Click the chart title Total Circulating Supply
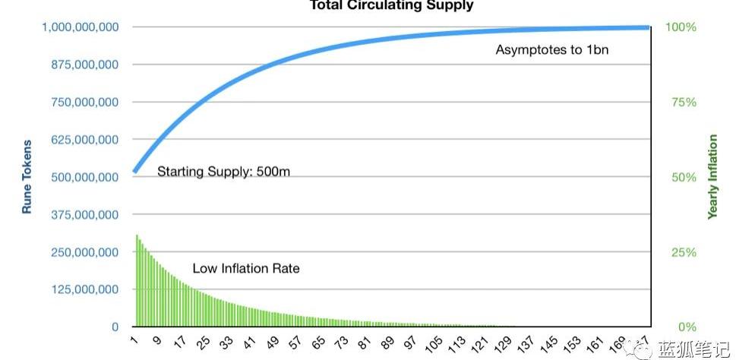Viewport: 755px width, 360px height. point(391,5)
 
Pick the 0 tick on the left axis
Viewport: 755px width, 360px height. point(115,327)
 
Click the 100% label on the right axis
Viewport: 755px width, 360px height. point(681,27)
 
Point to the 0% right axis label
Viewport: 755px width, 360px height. point(687,327)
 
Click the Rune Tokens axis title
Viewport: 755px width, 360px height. point(27,176)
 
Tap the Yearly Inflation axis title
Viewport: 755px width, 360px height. point(712,177)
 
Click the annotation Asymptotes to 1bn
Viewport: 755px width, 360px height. point(552,51)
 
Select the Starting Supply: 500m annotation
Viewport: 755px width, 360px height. point(223,172)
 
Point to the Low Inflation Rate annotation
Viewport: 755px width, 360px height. point(245,268)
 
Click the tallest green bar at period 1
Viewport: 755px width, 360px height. point(137,281)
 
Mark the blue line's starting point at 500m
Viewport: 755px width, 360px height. point(135,172)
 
